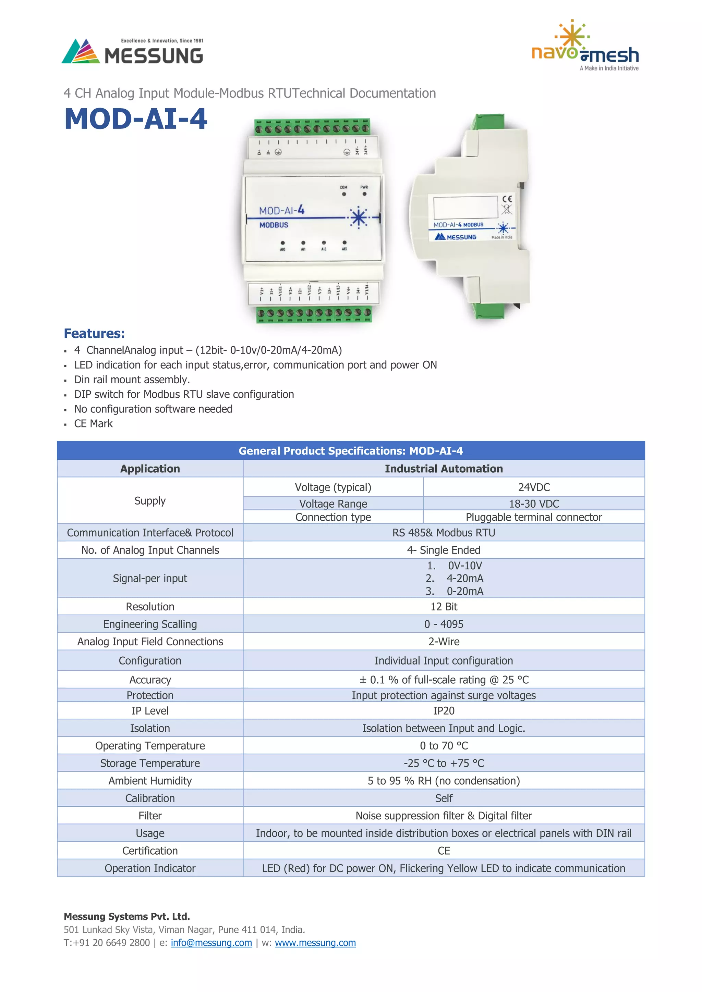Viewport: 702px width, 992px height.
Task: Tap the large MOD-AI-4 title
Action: coord(136,119)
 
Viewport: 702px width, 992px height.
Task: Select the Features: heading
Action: coord(94,334)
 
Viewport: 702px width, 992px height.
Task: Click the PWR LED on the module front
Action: coord(364,194)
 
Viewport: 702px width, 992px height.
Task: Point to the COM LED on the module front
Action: coord(344,194)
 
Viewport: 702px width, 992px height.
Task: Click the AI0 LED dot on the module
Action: coord(283,243)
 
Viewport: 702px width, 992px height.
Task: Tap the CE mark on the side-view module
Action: coord(507,199)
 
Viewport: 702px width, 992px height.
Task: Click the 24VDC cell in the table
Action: coord(534,487)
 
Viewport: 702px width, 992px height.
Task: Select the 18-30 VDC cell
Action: coord(534,504)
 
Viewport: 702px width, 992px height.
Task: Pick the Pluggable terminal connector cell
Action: coord(534,517)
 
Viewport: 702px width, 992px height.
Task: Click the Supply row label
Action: coord(150,501)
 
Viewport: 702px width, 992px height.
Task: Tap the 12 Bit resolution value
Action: coord(444,607)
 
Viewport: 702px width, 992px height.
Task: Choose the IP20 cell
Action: coord(444,711)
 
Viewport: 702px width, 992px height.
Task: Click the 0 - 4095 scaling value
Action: coord(444,624)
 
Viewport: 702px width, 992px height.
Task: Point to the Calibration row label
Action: coord(150,798)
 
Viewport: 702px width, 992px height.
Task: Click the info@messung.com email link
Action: coord(211,943)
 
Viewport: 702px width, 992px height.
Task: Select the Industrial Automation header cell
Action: coord(444,469)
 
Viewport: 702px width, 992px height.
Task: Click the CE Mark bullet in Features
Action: coord(93,424)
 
